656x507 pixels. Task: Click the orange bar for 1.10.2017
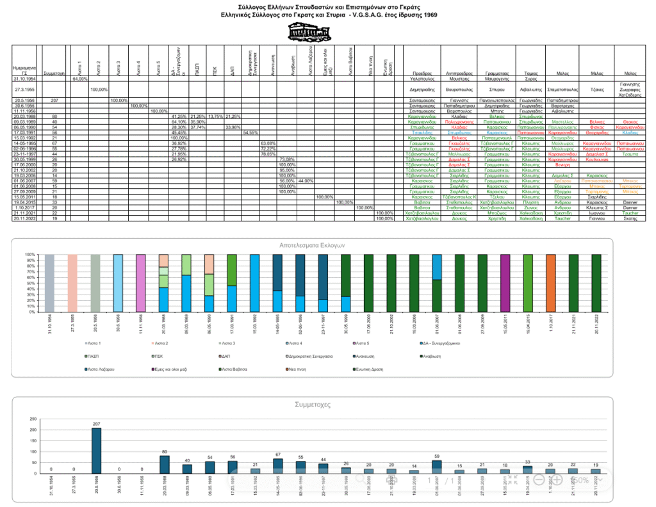point(551,284)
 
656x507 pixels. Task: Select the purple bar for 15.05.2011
point(505,284)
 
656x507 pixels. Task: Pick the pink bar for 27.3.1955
point(72,284)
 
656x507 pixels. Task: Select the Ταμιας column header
point(530,74)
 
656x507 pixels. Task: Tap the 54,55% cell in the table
point(249,133)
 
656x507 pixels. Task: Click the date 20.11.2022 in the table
point(24,218)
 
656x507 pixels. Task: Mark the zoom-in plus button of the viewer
point(557,479)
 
